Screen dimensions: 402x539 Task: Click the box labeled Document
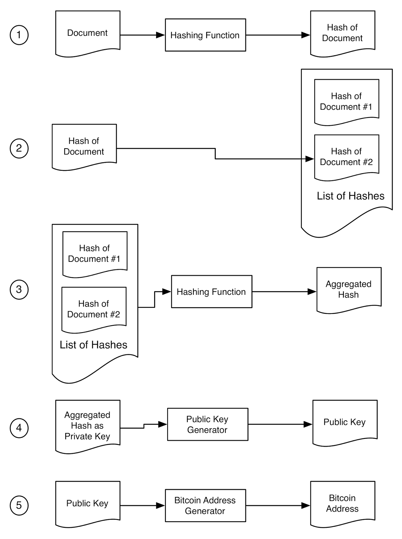tap(88, 33)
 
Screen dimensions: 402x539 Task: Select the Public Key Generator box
tap(208, 424)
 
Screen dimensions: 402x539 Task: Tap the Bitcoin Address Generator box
tap(206, 505)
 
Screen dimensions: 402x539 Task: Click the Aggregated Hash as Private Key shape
tap(88, 426)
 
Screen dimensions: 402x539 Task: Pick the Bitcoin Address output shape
tap(343, 503)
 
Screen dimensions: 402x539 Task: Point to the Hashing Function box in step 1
tap(206, 35)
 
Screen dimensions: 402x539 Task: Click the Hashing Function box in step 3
tap(212, 291)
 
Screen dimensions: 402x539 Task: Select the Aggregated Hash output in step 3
tap(349, 289)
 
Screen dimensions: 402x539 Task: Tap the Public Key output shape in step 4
tap(345, 422)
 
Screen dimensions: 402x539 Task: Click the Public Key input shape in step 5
tap(88, 503)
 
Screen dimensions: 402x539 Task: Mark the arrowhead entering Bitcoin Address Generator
tap(160, 505)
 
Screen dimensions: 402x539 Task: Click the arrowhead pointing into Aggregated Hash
tap(312, 291)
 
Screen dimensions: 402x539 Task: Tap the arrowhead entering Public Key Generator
tap(163, 424)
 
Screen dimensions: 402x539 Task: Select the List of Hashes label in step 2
tap(351, 196)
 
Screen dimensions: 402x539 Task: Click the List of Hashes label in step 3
tap(94, 345)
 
